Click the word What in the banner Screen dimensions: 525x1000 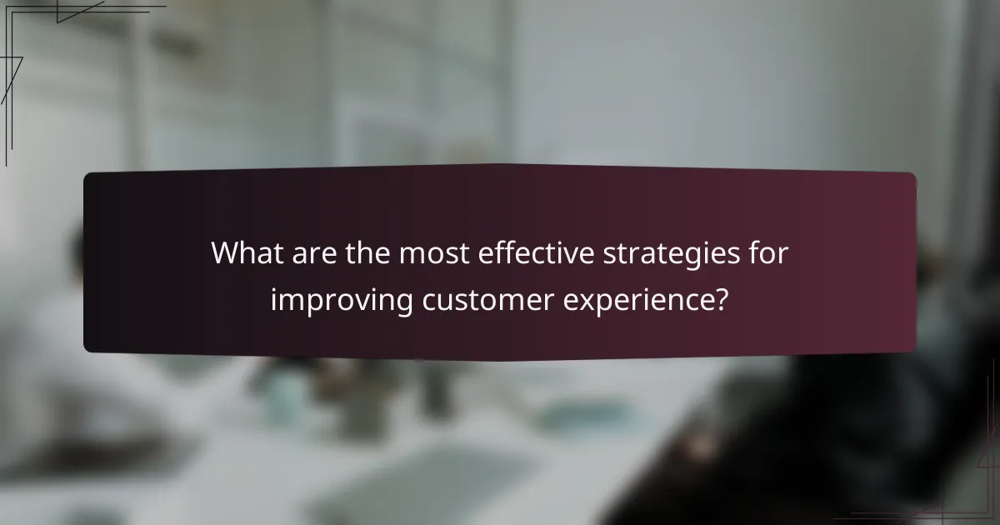click(245, 252)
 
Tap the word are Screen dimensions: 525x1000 click(307, 252)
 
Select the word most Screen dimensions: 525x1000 click(432, 252)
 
